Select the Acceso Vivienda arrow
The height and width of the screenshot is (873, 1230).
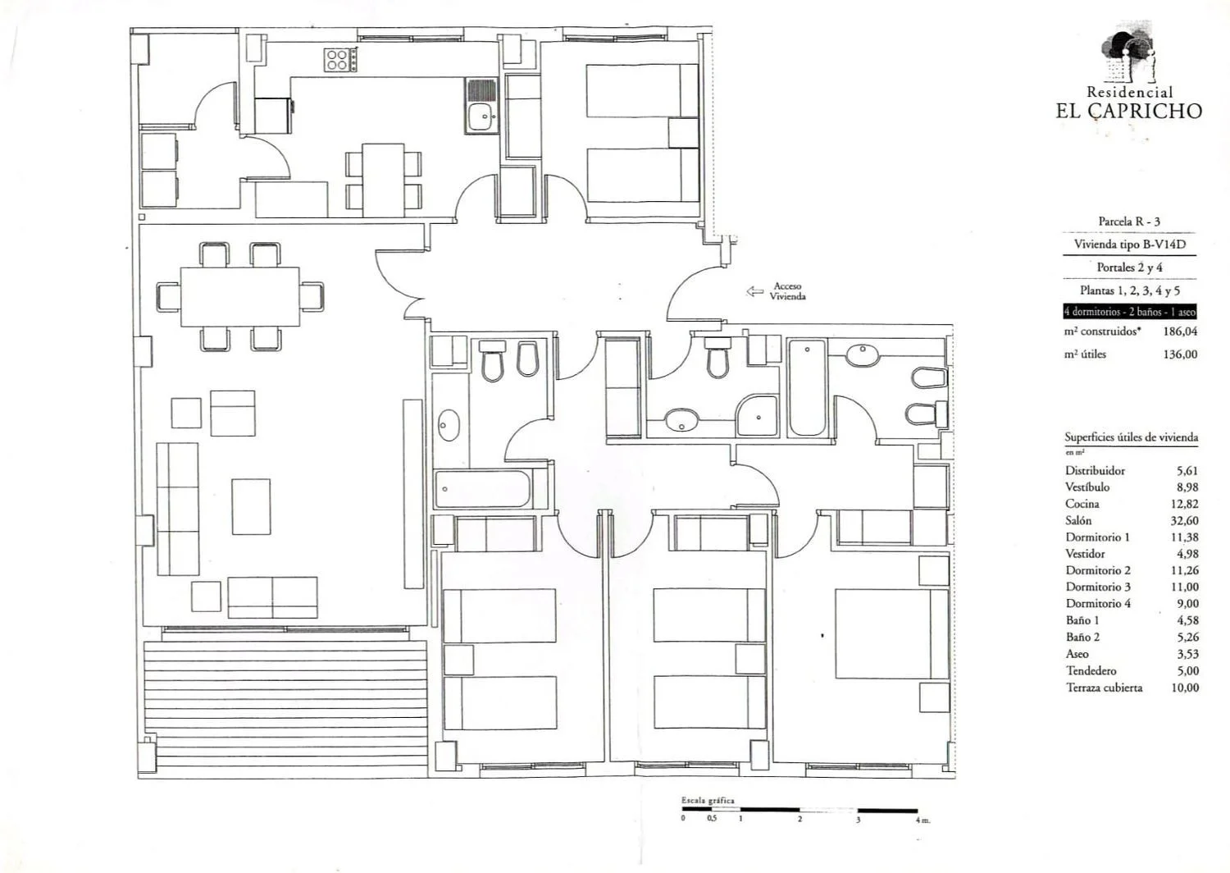pos(754,291)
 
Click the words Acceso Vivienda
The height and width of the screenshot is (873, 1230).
pos(787,291)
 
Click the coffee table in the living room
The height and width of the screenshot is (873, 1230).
pos(251,506)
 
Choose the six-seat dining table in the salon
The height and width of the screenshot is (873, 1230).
pos(240,297)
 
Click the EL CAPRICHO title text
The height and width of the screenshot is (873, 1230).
pos(1128,111)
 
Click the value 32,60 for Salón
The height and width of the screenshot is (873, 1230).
pos(1184,520)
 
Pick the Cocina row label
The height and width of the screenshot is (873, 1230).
pos(1082,504)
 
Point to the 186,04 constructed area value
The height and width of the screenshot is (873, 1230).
pos(1180,331)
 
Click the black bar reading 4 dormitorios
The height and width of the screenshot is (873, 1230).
pos(1129,312)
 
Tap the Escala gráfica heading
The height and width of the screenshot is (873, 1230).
pos(708,801)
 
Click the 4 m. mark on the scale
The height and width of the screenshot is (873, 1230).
pos(922,820)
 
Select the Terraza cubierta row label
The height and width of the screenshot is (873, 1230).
pos(1105,688)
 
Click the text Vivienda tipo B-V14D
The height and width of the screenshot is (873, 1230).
pos(1128,245)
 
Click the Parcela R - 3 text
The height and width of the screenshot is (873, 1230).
pos(1129,222)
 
